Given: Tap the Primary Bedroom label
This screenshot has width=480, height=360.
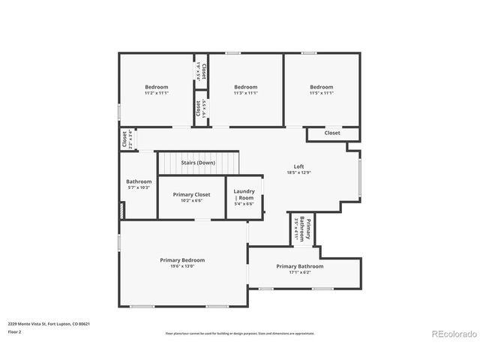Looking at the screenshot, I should click(182, 260).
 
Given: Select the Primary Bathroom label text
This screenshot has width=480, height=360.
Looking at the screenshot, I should click(300, 266).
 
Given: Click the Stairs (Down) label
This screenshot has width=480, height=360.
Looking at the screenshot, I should click(198, 162).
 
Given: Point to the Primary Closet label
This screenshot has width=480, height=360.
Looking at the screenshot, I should click(192, 194).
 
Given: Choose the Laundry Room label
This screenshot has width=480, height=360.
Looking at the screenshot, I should click(244, 194).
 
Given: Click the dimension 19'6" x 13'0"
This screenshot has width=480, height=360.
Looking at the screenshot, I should click(182, 266).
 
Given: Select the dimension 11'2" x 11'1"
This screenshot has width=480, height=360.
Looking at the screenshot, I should click(157, 93).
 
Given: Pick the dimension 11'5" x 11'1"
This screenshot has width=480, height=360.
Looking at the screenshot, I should click(321, 93).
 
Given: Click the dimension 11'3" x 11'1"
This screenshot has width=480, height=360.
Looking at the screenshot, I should click(245, 93).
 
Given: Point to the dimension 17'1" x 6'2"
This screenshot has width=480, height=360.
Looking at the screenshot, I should click(300, 272).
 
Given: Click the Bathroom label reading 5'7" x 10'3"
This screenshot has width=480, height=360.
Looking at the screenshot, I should click(139, 187).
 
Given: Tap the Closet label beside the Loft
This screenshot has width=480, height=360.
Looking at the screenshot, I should click(332, 133).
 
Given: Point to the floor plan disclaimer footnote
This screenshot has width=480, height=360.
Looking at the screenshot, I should click(240, 333).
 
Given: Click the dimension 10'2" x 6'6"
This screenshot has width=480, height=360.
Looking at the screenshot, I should click(192, 200).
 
